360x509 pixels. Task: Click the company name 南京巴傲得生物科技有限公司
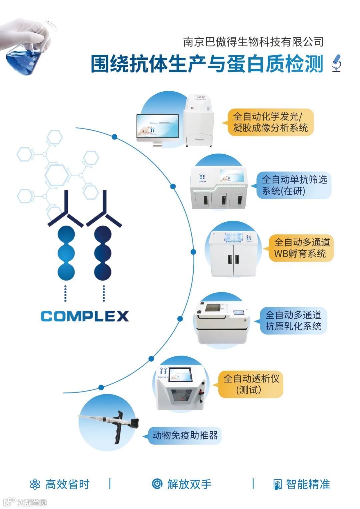(253, 42)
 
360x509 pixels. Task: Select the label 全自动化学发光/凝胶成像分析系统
(270, 122)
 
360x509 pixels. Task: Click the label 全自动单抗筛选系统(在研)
(294, 185)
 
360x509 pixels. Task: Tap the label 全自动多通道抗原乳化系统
(293, 320)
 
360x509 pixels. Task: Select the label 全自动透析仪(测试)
(251, 384)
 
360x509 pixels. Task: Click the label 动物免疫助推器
(185, 435)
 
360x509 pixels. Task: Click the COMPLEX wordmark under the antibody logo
(85, 316)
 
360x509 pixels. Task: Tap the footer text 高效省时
(67, 484)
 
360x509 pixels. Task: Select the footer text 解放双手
(189, 484)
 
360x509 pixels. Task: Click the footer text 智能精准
(308, 484)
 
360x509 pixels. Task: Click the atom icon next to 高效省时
(35, 484)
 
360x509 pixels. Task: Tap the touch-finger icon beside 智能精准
(277, 484)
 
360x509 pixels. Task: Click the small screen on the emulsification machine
(239, 313)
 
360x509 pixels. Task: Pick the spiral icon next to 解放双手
(157, 484)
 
